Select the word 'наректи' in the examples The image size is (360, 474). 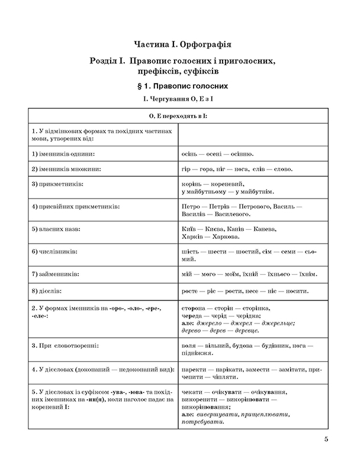(195, 369)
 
